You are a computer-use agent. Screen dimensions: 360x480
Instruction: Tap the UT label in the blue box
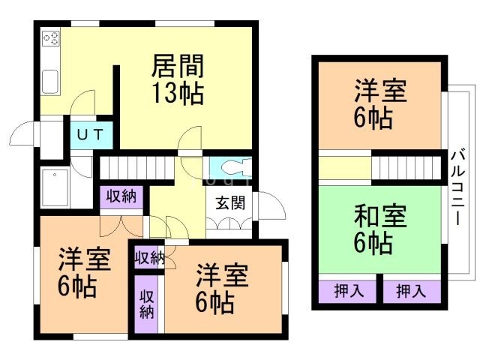pos(91,135)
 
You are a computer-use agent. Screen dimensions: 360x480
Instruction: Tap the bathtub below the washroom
pos(55,186)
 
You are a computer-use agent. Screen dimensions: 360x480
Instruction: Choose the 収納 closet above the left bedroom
pos(120,197)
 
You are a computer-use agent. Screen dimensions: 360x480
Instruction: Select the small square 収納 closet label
pos(148,257)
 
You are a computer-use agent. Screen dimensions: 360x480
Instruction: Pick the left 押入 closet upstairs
pos(346,290)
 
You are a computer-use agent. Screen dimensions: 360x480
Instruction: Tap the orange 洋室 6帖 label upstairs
pos(380,106)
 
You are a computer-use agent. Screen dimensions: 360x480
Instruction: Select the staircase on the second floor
pos(406,166)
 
